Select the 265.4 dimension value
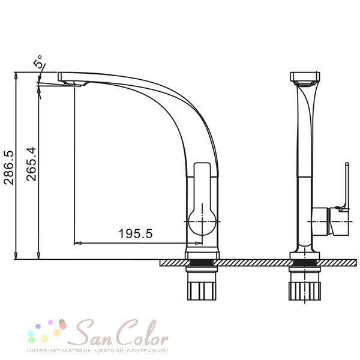(x=31, y=164)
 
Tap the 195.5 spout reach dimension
(x=136, y=234)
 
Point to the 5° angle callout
(x=39, y=61)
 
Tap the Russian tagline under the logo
(x=98, y=350)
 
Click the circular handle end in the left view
(x=202, y=222)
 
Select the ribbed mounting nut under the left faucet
(x=202, y=291)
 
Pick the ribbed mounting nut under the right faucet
(x=304, y=291)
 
